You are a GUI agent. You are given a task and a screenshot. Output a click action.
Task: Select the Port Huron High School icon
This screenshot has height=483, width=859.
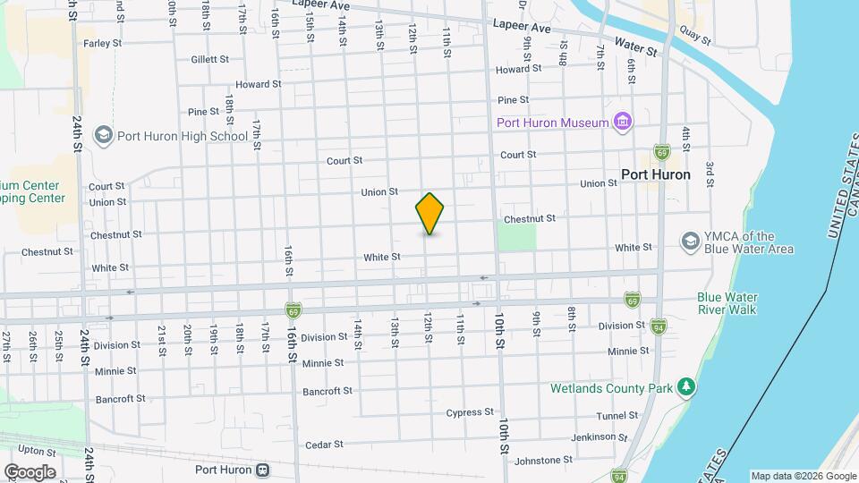click(103, 136)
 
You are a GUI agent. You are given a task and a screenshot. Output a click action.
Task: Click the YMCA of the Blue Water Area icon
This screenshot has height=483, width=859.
click(690, 241)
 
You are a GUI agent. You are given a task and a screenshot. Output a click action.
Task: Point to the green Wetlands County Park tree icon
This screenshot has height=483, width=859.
click(687, 386)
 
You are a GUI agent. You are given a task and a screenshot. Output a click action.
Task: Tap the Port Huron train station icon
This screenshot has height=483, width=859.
click(262, 470)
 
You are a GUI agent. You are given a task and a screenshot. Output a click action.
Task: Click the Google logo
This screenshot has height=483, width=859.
click(30, 471)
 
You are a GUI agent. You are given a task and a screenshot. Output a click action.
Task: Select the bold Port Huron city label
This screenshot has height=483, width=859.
click(656, 174)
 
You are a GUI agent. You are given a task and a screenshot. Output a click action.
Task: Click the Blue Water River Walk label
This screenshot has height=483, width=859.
click(727, 303)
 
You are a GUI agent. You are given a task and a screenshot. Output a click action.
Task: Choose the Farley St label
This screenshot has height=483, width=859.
click(101, 42)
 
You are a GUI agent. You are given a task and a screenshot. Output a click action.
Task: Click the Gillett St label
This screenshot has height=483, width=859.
click(210, 59)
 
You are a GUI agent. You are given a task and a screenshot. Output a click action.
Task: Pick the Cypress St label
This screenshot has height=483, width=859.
click(470, 412)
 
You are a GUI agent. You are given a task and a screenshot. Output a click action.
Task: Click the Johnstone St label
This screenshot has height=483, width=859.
click(545, 460)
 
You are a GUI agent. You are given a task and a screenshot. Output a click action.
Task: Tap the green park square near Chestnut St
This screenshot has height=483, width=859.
click(516, 236)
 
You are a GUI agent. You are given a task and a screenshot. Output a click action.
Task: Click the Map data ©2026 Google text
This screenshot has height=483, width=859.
click(804, 476)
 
